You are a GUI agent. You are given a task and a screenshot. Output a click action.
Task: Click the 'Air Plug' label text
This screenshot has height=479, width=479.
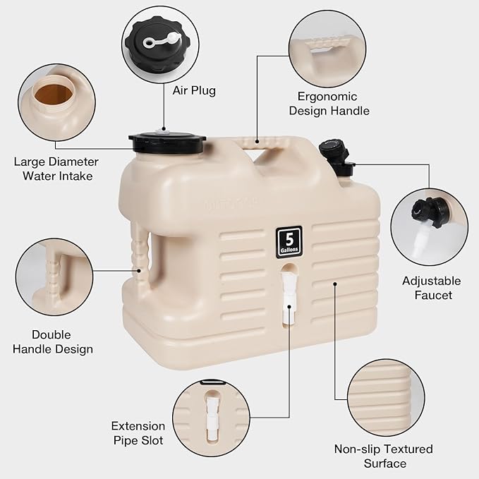[194, 90]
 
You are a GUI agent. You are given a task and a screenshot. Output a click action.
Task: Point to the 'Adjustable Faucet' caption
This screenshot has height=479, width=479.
[432, 288]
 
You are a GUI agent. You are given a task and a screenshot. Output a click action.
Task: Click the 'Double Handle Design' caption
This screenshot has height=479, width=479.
[61, 341]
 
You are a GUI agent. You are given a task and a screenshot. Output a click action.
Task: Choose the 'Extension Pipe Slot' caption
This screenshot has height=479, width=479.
[138, 433]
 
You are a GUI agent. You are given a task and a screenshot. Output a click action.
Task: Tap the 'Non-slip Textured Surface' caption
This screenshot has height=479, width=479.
[383, 456]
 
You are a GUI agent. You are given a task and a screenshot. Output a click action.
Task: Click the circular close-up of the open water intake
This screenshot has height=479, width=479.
[56, 102]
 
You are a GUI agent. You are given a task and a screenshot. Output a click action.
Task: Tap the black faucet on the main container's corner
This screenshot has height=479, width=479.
[335, 156]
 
